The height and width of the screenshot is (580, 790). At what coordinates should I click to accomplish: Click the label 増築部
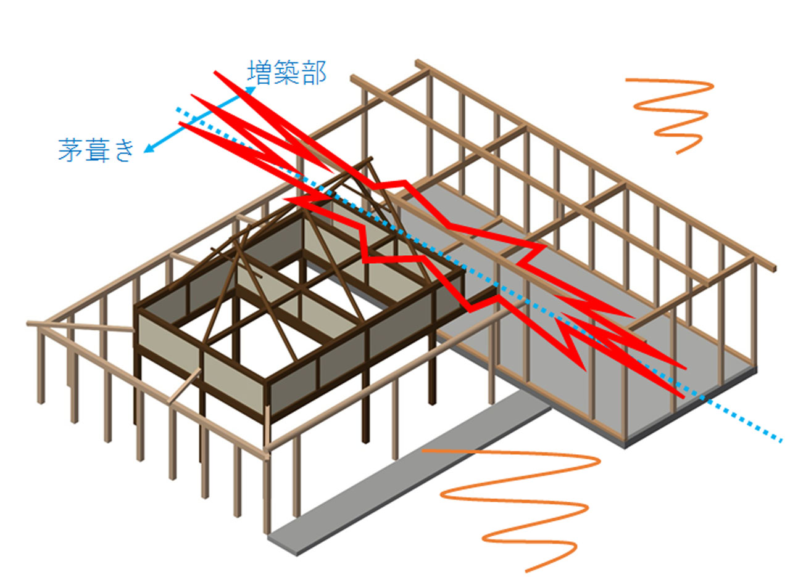(x=286, y=73)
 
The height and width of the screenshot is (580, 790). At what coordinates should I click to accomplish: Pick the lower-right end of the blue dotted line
(x=780, y=440)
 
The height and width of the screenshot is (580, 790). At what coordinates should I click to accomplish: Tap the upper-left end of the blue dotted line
(x=178, y=110)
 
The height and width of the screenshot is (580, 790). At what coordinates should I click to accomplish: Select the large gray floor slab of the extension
(x=617, y=370)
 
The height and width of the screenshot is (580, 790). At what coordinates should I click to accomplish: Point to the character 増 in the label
(x=260, y=73)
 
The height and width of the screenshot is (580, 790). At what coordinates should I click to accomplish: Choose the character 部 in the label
(x=313, y=73)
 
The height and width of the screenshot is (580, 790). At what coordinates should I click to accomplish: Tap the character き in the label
(x=123, y=150)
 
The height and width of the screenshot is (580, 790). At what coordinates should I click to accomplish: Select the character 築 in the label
(x=286, y=73)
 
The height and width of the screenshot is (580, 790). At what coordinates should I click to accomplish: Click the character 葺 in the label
(x=96, y=150)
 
